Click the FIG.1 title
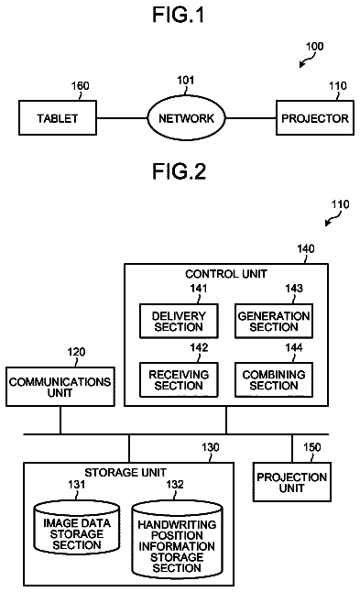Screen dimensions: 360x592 pos(178,15)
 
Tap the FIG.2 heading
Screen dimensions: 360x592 pos(179,171)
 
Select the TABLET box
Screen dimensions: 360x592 pos(58,118)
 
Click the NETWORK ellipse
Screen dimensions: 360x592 pos(186,118)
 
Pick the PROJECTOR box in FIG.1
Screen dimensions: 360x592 pos(315,118)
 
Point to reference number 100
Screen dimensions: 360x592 pos(315,47)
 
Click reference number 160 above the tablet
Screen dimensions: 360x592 pos(81,86)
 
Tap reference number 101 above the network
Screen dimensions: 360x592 pos(186,80)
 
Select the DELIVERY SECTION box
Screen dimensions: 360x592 pos(179,321)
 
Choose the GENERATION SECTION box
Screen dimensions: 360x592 pos(274,321)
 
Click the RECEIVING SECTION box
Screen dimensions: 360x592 pos(179,379)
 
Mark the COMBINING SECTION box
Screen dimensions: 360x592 pos(274,379)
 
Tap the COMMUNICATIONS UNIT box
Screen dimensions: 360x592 pos(60,387)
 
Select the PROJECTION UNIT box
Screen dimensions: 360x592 pos(291,482)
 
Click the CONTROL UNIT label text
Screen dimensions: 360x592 pos(226,274)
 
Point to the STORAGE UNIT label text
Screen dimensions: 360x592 pos(125,472)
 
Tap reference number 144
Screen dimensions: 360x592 pos(294,347)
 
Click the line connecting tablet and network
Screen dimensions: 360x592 pos(122,118)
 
